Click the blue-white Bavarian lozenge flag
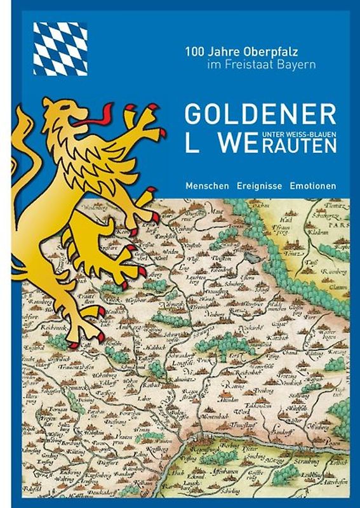(60, 48)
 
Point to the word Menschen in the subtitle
(207, 186)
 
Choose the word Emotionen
(313, 186)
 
